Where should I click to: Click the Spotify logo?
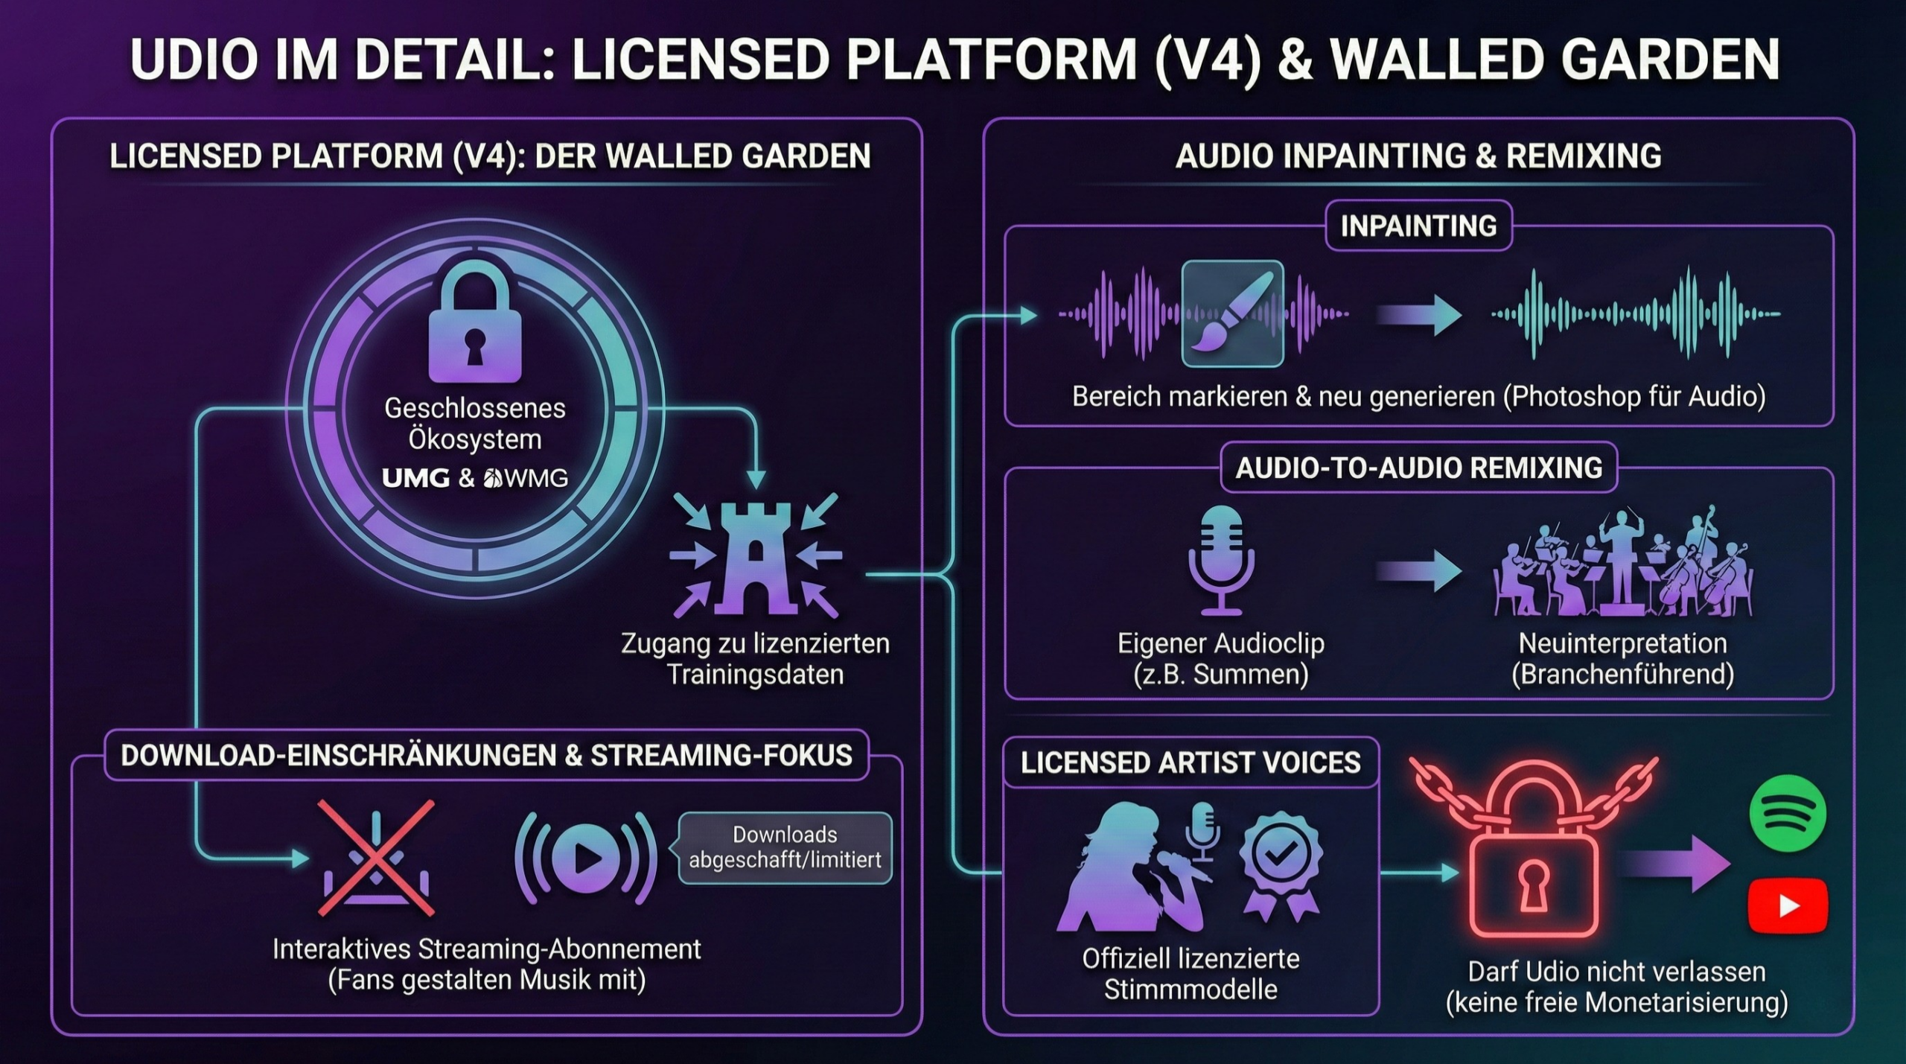coord(1787,812)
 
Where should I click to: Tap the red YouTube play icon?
coord(1788,905)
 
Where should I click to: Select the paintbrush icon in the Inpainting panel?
coord(1233,313)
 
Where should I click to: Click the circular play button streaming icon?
coord(586,858)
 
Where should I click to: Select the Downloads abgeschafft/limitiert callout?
coord(785,847)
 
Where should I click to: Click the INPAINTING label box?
coord(1418,226)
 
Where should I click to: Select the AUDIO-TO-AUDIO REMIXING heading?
coord(1418,468)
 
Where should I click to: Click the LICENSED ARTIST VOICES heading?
coord(1191,762)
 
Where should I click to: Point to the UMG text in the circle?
coord(415,478)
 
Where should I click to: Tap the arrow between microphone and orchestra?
coord(1418,572)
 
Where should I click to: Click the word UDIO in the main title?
coord(195,59)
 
